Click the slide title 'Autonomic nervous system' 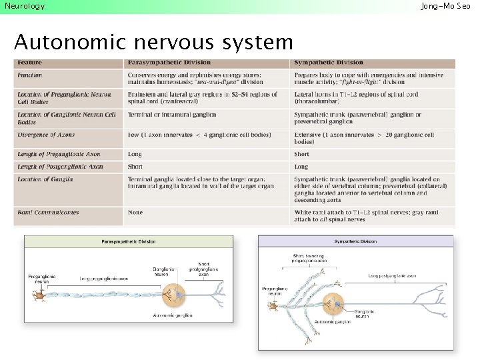[x=153, y=43]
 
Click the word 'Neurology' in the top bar [x=25, y=6]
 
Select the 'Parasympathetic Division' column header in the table [x=161, y=63]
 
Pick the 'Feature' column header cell [x=30, y=63]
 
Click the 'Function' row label [x=30, y=75]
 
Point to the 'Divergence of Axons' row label [x=46, y=135]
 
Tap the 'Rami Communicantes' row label [x=48, y=213]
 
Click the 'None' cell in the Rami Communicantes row [x=135, y=213]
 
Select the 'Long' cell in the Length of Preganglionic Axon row [x=135, y=154]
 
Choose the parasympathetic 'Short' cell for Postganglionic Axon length [x=135, y=167]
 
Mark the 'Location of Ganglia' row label [x=45, y=179]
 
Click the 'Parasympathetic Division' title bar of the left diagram [x=129, y=241]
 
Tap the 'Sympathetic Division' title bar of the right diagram [x=355, y=241]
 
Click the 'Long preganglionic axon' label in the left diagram [x=104, y=278]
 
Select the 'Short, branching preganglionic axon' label [x=309, y=257]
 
